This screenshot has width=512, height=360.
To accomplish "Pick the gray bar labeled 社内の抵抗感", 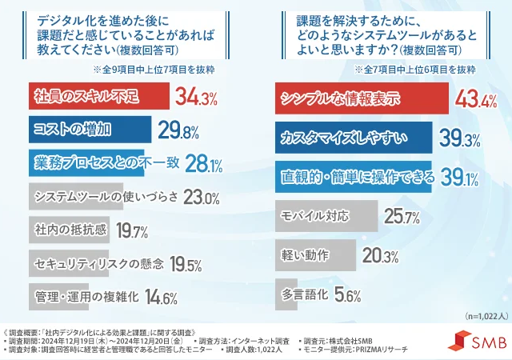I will [64, 230].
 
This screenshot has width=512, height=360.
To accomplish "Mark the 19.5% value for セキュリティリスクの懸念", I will [185, 264].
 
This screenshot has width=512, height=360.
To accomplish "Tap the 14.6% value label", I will [160, 298].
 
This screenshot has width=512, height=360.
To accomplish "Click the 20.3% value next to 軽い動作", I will [380, 256].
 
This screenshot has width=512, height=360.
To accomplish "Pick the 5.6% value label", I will [345, 294].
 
